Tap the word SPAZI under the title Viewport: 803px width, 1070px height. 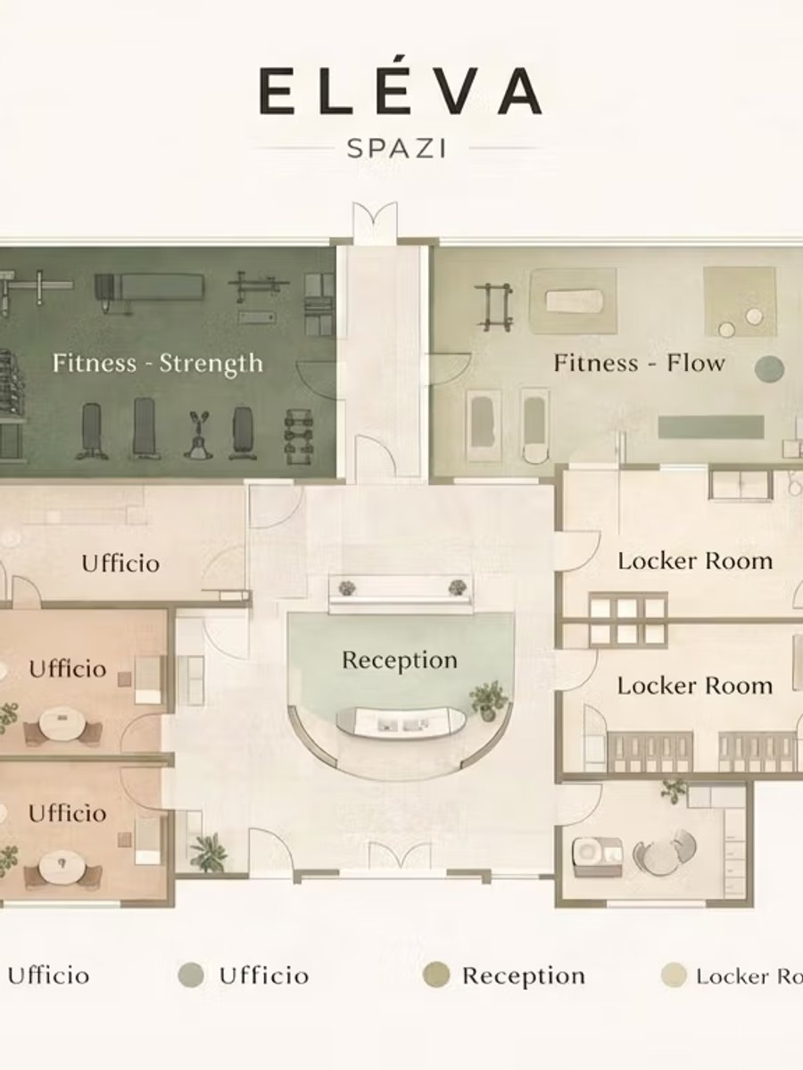point(396,149)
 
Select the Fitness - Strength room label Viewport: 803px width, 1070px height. point(158,364)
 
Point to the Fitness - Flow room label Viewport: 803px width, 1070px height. point(639,363)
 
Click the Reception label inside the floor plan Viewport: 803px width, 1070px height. point(400,661)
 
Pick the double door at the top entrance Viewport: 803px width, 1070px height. point(375,223)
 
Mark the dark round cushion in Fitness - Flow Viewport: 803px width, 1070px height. point(769,368)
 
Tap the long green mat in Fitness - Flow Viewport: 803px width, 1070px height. point(711,426)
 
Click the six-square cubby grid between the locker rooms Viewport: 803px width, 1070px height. point(627,621)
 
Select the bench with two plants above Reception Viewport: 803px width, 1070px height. point(401,593)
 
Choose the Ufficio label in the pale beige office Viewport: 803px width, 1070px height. point(120,564)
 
